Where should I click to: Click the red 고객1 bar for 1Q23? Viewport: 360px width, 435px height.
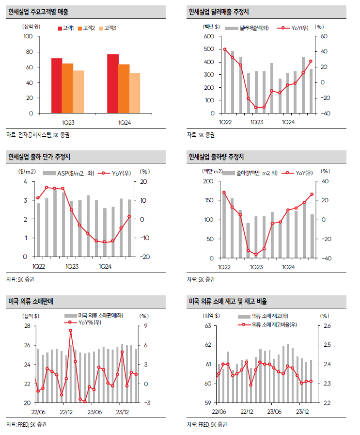click(57, 86)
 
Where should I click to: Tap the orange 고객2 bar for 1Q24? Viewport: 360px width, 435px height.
click(124, 89)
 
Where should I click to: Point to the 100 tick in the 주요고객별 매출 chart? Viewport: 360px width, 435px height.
click(28, 36)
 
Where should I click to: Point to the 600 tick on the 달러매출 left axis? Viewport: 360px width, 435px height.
click(209, 36)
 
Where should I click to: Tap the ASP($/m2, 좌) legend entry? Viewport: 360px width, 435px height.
click(69, 173)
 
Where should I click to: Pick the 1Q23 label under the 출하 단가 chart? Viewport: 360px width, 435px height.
click(73, 266)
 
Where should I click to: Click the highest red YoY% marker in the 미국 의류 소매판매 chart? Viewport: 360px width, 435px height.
click(71, 330)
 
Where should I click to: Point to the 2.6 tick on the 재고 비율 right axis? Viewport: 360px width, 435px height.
click(327, 326)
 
